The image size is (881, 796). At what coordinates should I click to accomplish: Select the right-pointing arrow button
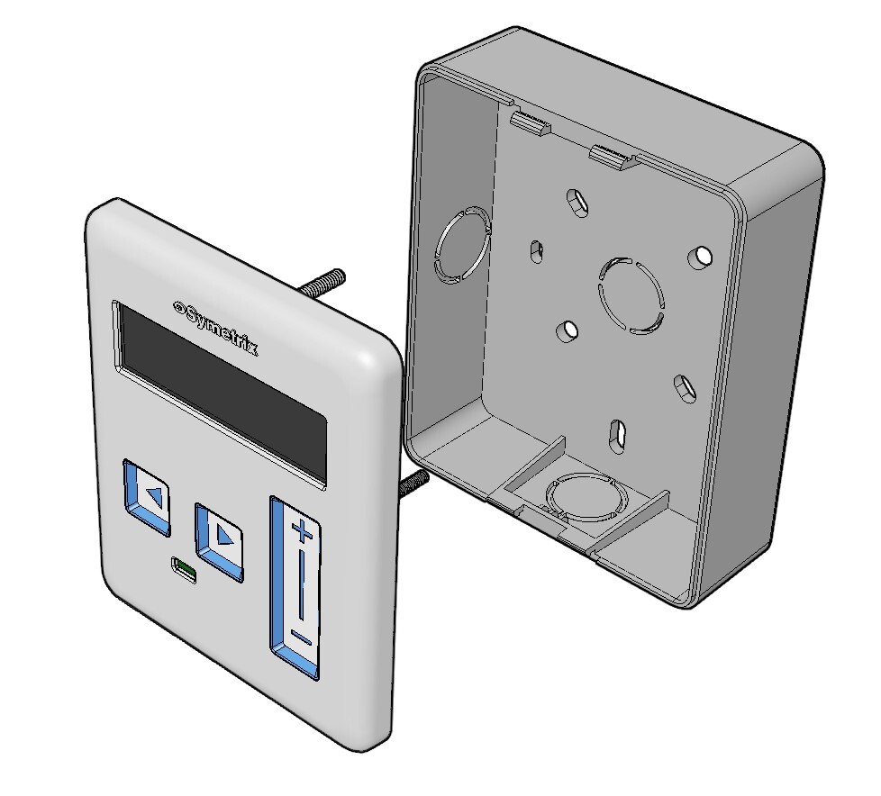(220, 541)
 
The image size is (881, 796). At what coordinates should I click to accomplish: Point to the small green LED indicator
(185, 571)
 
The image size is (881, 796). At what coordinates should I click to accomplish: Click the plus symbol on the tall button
(303, 530)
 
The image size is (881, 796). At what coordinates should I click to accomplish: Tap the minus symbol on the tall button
(301, 638)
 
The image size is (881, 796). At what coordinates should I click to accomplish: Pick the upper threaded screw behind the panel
(322, 282)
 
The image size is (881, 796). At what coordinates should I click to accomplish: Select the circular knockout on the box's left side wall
(463, 245)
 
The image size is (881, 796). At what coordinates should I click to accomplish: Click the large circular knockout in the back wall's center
(631, 295)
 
